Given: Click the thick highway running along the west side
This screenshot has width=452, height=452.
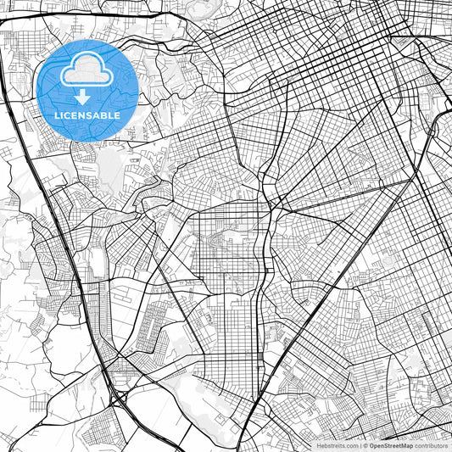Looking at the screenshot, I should tap(51, 220).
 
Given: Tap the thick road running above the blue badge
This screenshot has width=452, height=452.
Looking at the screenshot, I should tap(85, 14).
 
